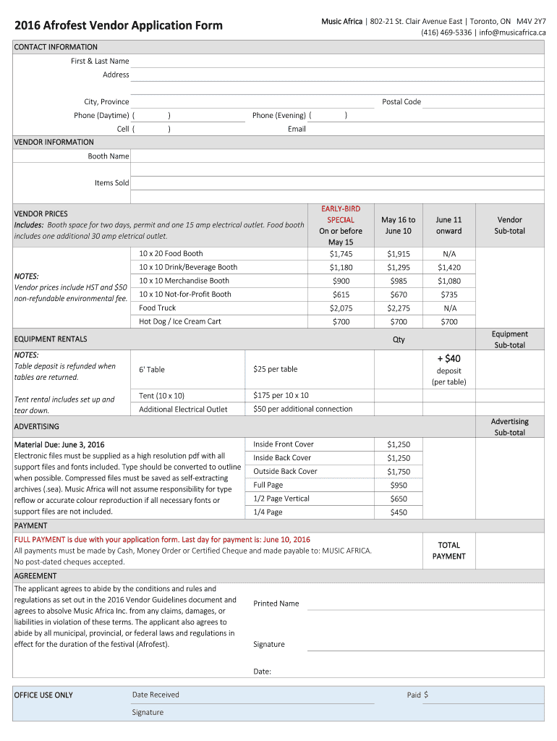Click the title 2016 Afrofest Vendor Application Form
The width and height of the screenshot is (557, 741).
(119, 26)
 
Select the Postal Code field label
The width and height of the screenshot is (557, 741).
(401, 102)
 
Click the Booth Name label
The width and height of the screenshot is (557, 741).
(109, 156)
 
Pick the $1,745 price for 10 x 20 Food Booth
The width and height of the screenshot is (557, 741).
(341, 254)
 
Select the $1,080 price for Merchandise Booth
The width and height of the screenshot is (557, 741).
(448, 281)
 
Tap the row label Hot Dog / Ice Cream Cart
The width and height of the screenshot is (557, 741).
(180, 321)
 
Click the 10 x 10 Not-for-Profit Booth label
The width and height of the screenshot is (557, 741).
(185, 295)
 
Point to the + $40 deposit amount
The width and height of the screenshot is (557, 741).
(448, 358)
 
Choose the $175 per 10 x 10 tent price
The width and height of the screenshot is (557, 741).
(281, 396)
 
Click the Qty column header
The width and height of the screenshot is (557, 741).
(399, 339)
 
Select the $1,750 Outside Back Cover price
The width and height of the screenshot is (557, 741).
(398, 472)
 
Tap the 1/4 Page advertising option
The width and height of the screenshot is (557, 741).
(268, 512)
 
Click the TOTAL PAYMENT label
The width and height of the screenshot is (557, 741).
(448, 551)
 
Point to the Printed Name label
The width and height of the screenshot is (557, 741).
(276, 604)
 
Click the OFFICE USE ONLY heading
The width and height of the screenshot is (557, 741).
(43, 695)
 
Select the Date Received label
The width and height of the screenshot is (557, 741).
(156, 695)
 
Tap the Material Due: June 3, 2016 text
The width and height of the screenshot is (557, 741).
(59, 444)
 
